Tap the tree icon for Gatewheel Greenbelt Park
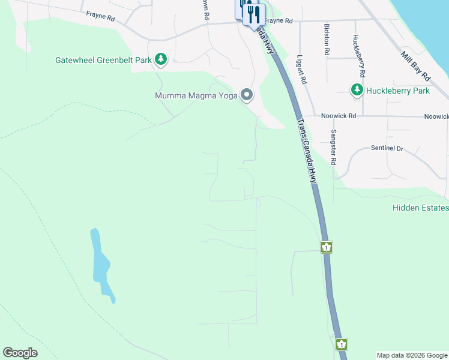160,59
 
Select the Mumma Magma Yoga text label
195,95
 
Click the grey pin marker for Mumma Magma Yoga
246,95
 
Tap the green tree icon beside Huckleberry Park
357,90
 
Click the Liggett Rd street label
302,70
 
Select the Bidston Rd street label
327,40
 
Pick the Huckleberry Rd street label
360,56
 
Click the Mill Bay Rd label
416,67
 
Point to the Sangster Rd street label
333,148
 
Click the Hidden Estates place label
420,208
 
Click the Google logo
20,353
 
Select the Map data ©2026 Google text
412,355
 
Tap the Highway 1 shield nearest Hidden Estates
326,247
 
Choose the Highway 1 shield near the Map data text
341,344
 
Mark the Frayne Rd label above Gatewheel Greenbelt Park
100,17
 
